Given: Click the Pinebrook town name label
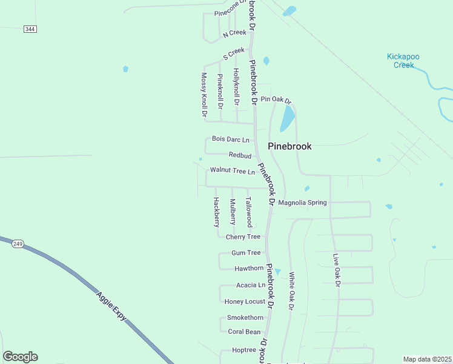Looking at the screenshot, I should (x=289, y=146).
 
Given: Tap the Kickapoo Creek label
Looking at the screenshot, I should (x=403, y=61).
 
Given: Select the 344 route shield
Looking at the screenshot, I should (x=30, y=29).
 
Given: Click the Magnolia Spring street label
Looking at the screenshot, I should (x=302, y=203).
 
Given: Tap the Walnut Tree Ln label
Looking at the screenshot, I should (x=233, y=172).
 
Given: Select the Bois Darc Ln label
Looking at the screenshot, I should (x=230, y=140).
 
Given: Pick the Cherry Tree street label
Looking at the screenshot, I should (x=243, y=237).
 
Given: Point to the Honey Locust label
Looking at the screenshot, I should (x=245, y=302).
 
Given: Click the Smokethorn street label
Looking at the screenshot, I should (x=245, y=317).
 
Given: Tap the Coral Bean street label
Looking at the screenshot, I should (x=244, y=332).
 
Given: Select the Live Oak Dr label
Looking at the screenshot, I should (x=336, y=270).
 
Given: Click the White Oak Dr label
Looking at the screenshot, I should (x=291, y=291).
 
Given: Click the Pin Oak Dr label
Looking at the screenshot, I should (x=276, y=99).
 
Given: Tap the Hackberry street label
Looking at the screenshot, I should (x=216, y=212).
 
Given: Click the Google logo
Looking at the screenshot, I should (x=20, y=357).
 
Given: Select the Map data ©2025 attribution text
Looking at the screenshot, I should (x=427, y=359).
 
